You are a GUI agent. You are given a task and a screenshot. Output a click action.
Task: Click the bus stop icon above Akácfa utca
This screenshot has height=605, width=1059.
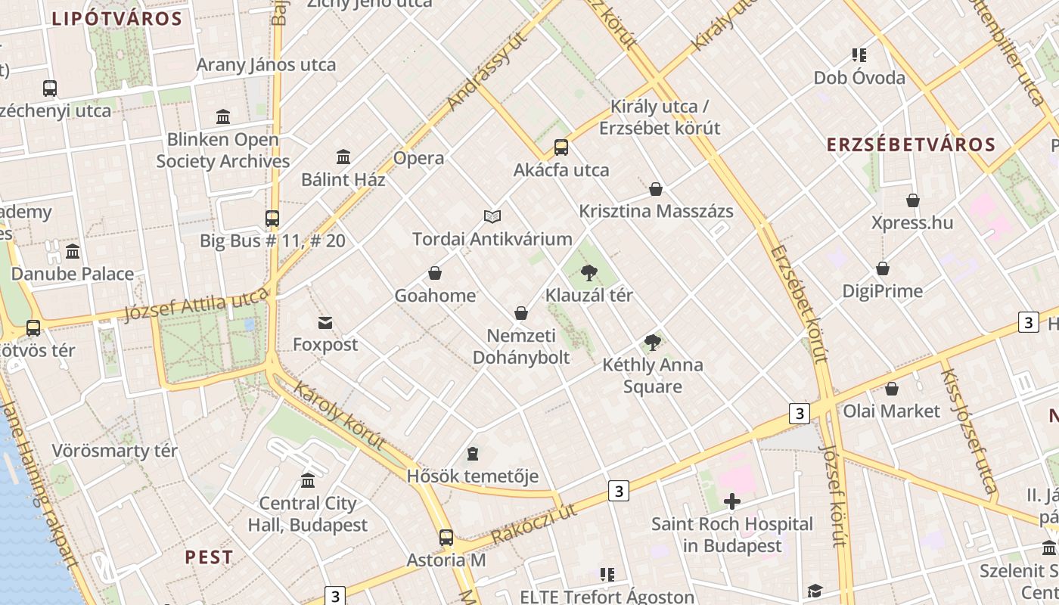561,147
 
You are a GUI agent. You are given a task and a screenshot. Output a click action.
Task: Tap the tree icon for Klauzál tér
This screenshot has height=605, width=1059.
589,273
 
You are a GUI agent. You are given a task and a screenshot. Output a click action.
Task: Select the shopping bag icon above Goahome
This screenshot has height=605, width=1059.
435,273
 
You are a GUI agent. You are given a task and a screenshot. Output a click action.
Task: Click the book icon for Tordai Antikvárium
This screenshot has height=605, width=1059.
492,217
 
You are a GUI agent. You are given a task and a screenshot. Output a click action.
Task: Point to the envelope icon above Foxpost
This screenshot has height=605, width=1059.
325,323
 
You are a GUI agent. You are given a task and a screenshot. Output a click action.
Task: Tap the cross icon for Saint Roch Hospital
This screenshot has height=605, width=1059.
731,501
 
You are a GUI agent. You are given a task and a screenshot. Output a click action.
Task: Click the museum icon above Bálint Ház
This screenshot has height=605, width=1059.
343,157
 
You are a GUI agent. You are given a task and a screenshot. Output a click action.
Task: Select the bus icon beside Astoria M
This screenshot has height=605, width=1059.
446,538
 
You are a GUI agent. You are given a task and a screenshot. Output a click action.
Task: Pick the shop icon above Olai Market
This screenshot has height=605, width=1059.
892,389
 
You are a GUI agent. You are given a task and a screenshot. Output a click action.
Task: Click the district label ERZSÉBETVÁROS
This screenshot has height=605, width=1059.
911,144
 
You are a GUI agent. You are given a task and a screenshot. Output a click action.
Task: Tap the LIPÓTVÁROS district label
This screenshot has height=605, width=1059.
117,19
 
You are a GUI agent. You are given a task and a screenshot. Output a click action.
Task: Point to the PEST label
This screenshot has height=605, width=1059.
209,557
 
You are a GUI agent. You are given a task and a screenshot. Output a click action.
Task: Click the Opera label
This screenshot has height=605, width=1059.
418,158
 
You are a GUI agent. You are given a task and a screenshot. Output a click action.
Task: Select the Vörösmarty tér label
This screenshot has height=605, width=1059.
115,451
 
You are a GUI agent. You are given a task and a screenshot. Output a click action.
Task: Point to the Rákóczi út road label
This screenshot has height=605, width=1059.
534,523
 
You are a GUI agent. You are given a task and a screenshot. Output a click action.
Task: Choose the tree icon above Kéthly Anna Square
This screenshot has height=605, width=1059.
653,343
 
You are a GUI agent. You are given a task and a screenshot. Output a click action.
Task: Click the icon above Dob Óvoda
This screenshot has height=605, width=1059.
859,55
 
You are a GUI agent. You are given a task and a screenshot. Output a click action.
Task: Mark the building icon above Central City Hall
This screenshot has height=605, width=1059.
308,480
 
